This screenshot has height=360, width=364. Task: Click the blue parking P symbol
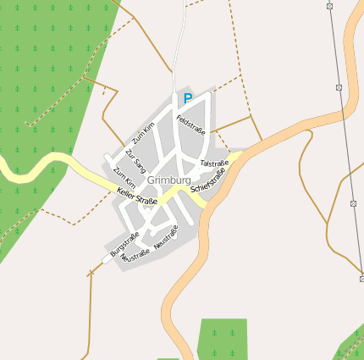click(x=188, y=98)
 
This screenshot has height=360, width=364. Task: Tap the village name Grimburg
click(x=169, y=180)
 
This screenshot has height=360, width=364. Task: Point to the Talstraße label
click(x=214, y=163)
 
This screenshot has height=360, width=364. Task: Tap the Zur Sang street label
click(x=135, y=160)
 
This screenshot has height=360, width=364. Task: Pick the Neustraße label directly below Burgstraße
click(x=135, y=254)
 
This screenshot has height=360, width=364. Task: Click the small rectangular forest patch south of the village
click(x=222, y=338)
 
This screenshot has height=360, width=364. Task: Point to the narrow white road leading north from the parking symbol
click(x=179, y=51)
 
